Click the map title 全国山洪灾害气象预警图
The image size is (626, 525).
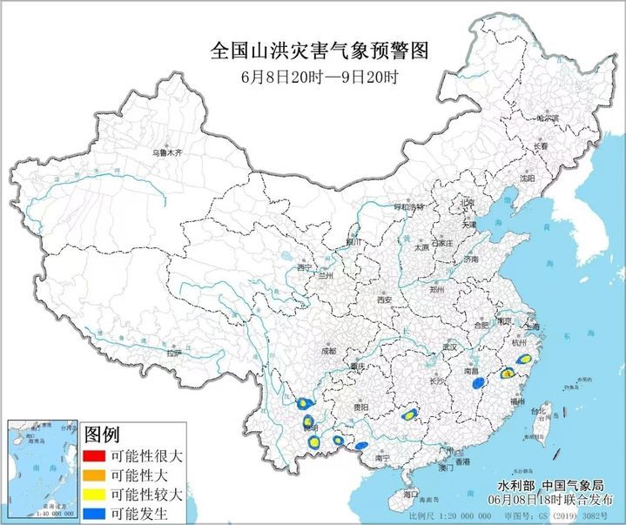(x=320, y=50)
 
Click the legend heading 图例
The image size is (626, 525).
(x=102, y=433)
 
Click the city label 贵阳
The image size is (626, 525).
(x=360, y=407)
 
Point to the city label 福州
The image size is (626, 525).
(x=517, y=402)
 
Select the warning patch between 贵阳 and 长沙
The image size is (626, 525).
(x=407, y=414)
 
